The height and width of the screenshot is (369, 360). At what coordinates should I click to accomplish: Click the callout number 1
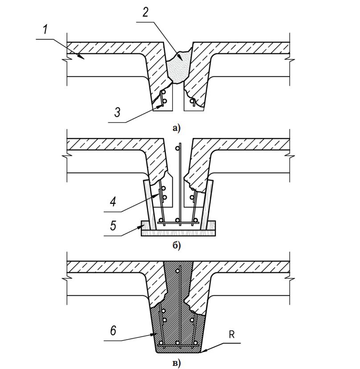pyautogui.click(x=45, y=30)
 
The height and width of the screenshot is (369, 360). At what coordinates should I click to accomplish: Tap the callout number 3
pyautogui.click(x=117, y=112)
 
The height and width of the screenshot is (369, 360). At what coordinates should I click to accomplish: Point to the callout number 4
pyautogui.click(x=113, y=202)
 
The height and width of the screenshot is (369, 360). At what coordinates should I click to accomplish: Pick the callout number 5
pyautogui.click(x=113, y=225)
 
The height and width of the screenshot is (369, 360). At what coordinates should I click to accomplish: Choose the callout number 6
pyautogui.click(x=113, y=331)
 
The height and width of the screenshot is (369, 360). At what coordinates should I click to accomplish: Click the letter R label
pyautogui.click(x=232, y=334)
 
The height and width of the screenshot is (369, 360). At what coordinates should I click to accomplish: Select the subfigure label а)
pyautogui.click(x=176, y=129)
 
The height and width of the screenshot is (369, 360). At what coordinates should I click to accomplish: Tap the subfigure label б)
pyautogui.click(x=176, y=246)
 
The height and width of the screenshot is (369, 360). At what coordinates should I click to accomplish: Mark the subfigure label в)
pyautogui.click(x=176, y=363)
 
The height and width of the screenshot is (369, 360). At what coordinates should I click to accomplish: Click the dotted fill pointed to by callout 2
pyautogui.click(x=178, y=67)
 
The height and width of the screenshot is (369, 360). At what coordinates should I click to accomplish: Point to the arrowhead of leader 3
pyautogui.click(x=161, y=105)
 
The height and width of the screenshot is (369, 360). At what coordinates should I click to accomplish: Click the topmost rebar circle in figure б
pyautogui.click(x=177, y=148)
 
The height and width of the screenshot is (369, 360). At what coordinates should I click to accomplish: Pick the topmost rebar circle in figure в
pyautogui.click(x=177, y=272)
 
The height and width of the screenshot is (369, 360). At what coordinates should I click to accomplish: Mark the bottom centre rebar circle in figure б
pyautogui.click(x=178, y=220)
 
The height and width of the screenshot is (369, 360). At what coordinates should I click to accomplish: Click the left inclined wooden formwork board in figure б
pyautogui.click(x=150, y=205)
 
